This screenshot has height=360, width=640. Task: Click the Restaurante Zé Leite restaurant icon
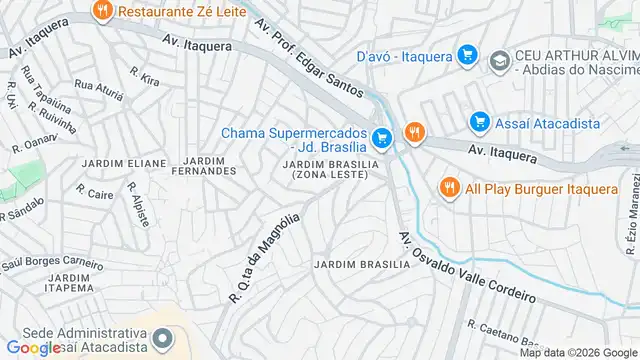tap(101, 12)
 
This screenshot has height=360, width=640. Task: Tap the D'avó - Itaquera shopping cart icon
tap(465, 54)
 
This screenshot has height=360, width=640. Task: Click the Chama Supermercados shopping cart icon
tap(380, 138)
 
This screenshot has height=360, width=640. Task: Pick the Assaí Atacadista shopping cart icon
tap(479, 123)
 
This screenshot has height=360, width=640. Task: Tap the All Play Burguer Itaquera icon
tap(450, 187)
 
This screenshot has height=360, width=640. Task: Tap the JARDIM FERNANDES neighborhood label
tap(211, 166)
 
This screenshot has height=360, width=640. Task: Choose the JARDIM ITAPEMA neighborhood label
tap(68, 283)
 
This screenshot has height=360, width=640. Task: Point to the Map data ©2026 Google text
tap(578, 353)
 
